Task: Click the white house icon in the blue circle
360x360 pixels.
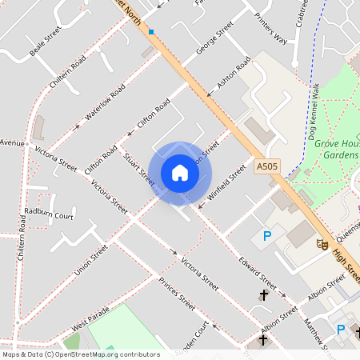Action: pyautogui.click(x=180, y=173)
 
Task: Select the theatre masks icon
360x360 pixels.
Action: pyautogui.click(x=322, y=242)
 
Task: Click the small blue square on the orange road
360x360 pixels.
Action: pyautogui.click(x=150, y=32)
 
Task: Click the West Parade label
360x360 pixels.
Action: pyautogui.click(x=90, y=321)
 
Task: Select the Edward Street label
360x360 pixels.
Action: pyautogui.click(x=257, y=273)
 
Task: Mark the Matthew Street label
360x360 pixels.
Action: pyautogui.click(x=311, y=332)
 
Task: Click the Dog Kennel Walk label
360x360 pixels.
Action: pyautogui.click(x=314, y=112)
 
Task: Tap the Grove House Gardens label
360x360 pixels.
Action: pyautogui.click(x=335, y=149)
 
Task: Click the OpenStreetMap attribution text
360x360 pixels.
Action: pyautogui.click(x=80, y=354)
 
